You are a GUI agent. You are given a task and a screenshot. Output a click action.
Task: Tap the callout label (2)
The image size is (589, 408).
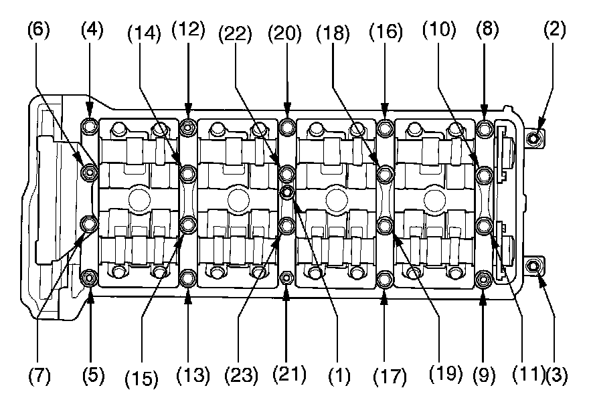[554, 29]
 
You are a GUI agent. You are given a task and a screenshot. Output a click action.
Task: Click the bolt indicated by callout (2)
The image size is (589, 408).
[533, 138]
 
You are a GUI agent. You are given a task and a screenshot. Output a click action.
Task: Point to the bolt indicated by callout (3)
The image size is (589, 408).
[533, 266]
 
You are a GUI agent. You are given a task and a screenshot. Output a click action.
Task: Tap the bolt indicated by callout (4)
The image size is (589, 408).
[90, 126]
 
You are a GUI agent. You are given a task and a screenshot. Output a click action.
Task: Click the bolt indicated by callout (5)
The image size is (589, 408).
[90, 277]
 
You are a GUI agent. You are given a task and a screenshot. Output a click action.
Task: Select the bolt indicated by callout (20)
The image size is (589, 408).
[286, 126]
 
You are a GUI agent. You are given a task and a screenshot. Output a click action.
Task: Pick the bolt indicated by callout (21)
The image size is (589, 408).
[286, 278]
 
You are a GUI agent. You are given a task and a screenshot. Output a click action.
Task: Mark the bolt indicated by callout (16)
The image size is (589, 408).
[385, 126]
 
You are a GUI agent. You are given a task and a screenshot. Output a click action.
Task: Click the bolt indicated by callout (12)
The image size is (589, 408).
[188, 126]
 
